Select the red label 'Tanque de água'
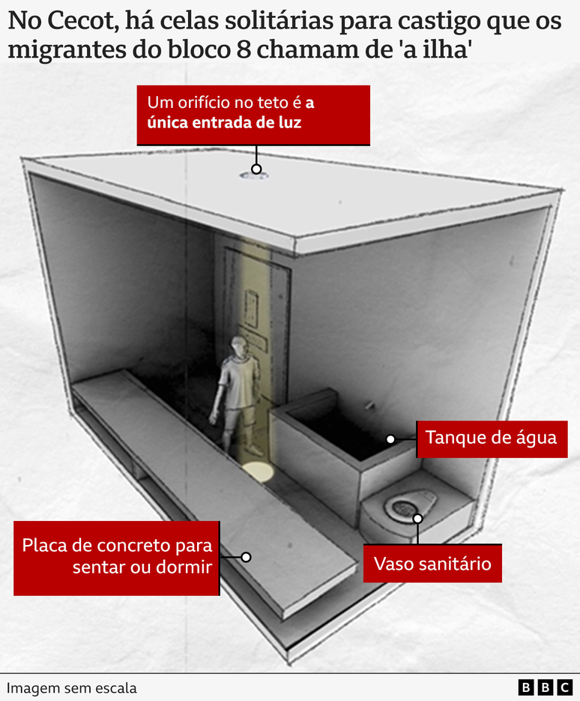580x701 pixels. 491,438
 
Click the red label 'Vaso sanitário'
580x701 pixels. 432,562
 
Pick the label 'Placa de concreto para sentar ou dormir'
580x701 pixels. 117,556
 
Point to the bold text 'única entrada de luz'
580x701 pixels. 224,122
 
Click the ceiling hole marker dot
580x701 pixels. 256,169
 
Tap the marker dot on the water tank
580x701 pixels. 390,439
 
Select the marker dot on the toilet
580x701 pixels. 417,518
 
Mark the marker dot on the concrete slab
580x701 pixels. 245,557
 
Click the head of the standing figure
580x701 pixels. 238,346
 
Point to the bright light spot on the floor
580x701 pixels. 258,472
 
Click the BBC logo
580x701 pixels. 545,687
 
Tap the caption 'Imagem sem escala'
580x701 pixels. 72,688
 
